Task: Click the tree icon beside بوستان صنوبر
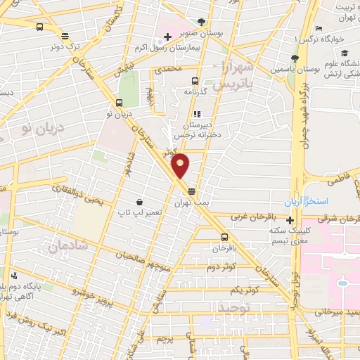pyautogui.click(x=202, y=22)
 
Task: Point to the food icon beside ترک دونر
pyautogui.click(x=65, y=36)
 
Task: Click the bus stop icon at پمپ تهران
pyautogui.click(x=191, y=191)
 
